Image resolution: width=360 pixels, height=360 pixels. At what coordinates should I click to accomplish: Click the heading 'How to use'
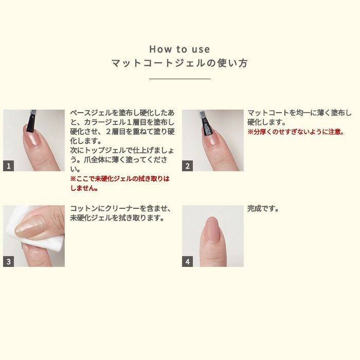pyautogui.click(x=179, y=49)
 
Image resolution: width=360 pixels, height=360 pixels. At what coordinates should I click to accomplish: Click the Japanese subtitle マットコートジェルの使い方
pyautogui.click(x=179, y=64)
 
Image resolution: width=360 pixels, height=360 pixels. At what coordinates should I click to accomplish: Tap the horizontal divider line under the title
pyautogui.click(x=179, y=79)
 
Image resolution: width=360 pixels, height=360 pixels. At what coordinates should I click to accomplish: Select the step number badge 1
pyautogui.click(x=9, y=166)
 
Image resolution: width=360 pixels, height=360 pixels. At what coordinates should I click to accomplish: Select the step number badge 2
pyautogui.click(x=188, y=166)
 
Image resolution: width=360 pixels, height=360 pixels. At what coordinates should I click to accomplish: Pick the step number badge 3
pyautogui.click(x=9, y=261)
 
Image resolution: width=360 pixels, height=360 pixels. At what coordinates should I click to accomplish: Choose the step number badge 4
pyautogui.click(x=188, y=261)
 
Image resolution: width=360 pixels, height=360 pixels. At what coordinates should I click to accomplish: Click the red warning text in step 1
pyautogui.click(x=119, y=183)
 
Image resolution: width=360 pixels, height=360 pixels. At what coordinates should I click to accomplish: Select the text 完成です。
pyautogui.click(x=263, y=209)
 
